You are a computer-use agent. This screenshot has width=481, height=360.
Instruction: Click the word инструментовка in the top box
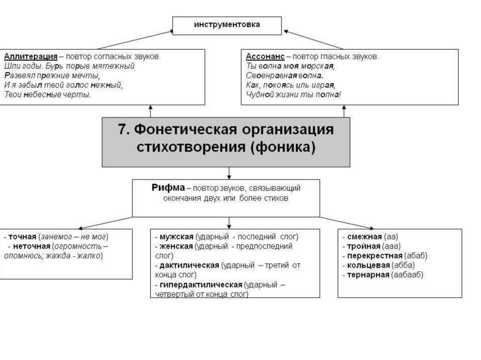coord(227,24)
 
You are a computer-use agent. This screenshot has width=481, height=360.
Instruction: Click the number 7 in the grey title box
coord(123,130)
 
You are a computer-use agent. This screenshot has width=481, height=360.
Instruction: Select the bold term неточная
coord(31,246)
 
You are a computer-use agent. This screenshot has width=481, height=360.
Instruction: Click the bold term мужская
coord(176,237)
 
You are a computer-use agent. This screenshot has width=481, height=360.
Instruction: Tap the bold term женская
coord(176,246)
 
